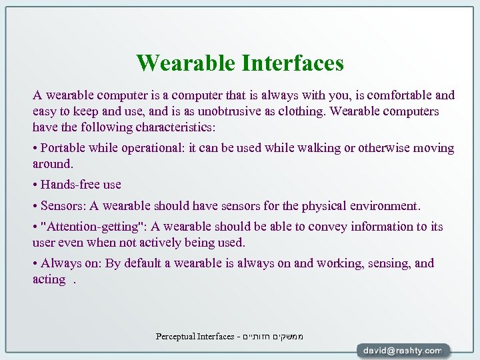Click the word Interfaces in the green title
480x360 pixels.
[x=293, y=63]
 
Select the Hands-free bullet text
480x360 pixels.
[x=80, y=184]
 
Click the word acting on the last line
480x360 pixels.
[x=49, y=279]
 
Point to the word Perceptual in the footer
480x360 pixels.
[x=175, y=337]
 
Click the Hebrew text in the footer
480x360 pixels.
[x=276, y=337]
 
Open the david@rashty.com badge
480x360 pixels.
[x=403, y=350]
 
